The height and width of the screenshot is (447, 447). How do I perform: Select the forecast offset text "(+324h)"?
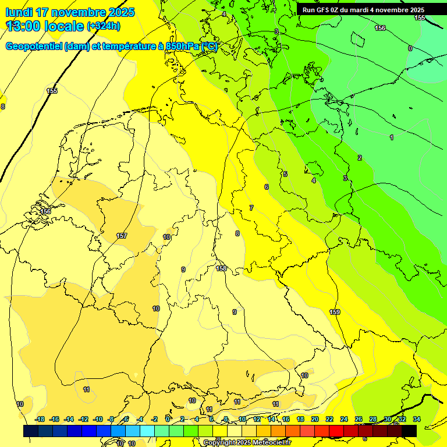coord(104,26)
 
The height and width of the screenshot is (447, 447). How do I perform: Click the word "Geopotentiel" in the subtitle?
coord(33,46)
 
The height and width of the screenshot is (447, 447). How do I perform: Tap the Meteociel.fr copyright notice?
coord(247,442)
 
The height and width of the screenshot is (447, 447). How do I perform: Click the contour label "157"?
coord(122,236)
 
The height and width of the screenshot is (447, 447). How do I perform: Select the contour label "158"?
coord(221,268)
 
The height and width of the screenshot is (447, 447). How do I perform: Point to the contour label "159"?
coord(335,313)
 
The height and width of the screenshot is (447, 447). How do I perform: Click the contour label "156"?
coord(380,28)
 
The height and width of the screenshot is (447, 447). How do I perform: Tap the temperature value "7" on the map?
coord(251,208)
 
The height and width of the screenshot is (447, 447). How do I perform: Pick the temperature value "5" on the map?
coord(285,174)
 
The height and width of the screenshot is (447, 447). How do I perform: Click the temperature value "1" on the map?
coord(392,137)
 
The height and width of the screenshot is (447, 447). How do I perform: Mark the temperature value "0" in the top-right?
coord(410,48)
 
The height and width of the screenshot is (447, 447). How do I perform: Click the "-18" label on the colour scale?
coord(40,419)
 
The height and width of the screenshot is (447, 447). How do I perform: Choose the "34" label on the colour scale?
coord(416,419)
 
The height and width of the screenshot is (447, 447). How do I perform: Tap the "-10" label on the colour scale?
coord(98,419)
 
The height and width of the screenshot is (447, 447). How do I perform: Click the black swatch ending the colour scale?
coord(409,431)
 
